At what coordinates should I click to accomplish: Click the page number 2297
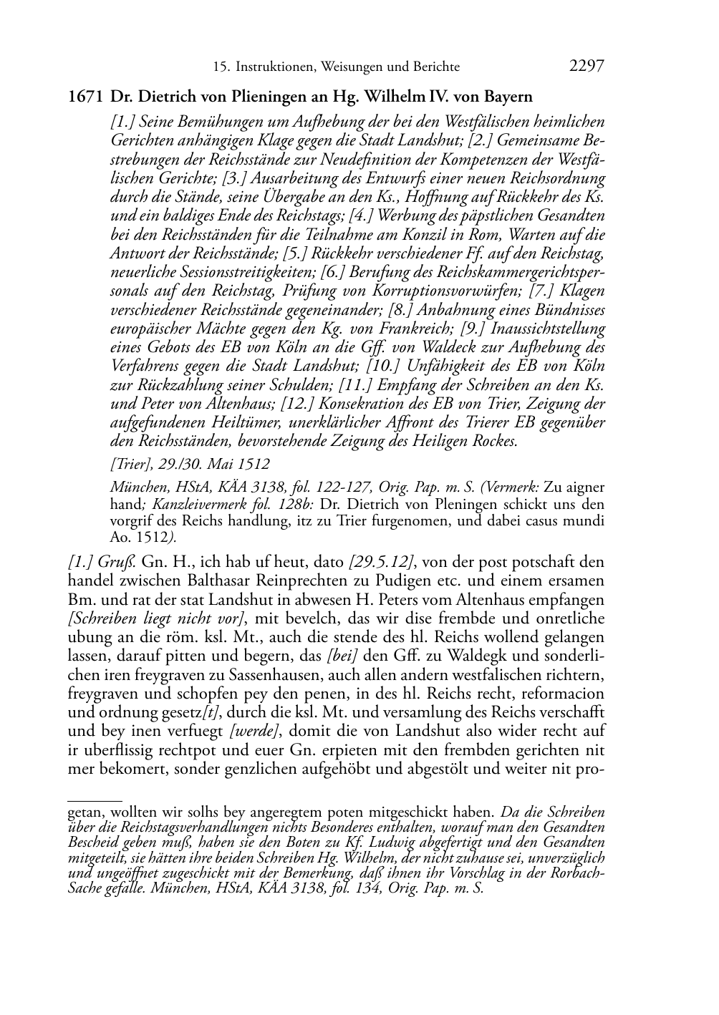587,67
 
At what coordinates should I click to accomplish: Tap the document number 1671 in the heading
86,97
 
